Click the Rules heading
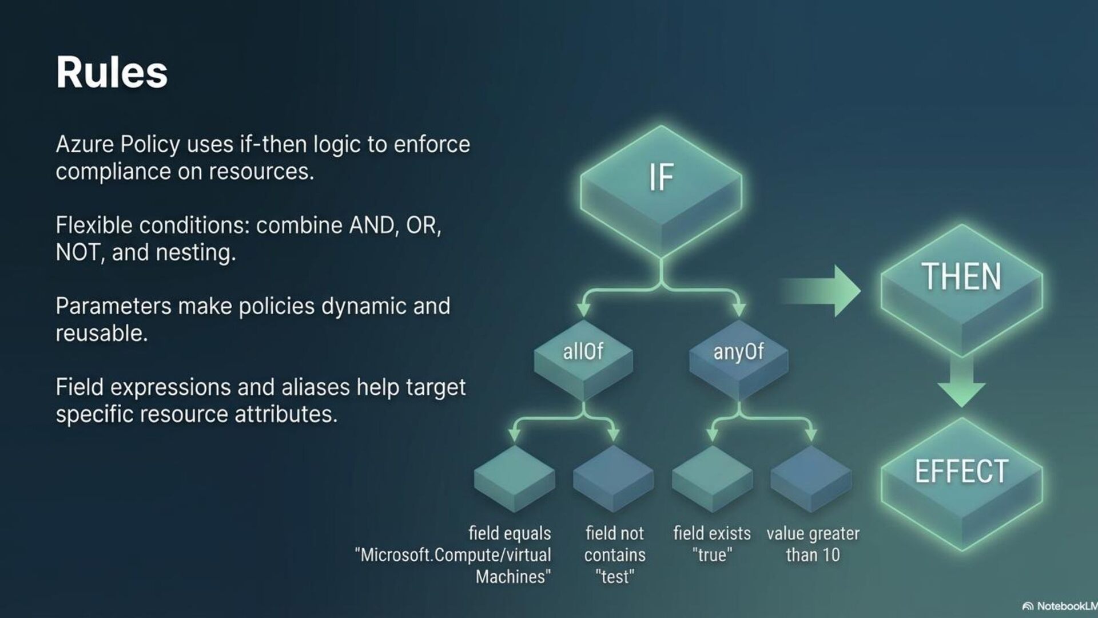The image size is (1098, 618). [112, 72]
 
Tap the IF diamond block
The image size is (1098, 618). [661, 183]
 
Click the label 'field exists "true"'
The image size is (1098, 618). [712, 544]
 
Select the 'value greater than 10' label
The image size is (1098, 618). [813, 544]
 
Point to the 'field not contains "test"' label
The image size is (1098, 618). [615, 554]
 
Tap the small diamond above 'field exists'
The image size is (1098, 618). [712, 478]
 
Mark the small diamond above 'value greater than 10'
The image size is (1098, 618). [811, 478]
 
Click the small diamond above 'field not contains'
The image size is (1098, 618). [613, 478]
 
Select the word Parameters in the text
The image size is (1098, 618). [113, 307]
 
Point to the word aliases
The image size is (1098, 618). [315, 387]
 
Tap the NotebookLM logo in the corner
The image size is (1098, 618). [1059, 606]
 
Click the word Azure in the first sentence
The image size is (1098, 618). [85, 145]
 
